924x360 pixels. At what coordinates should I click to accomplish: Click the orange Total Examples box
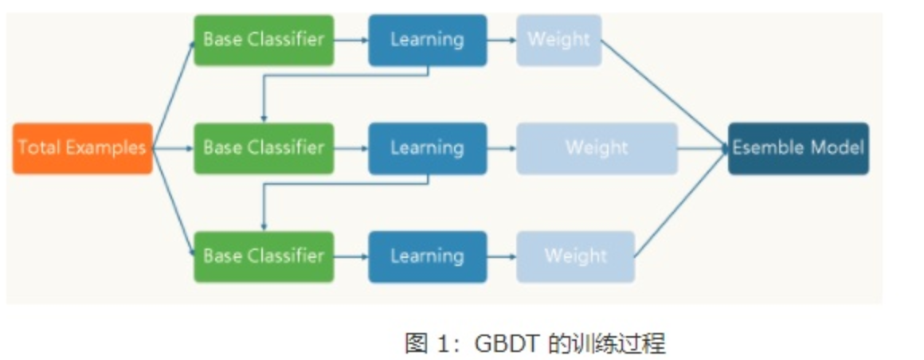click(x=82, y=148)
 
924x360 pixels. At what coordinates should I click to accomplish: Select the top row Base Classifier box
click(x=264, y=40)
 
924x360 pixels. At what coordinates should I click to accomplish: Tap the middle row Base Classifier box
click(x=264, y=148)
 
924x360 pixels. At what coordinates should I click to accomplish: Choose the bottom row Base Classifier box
click(x=264, y=256)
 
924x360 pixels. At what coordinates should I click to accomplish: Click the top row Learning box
click(x=427, y=40)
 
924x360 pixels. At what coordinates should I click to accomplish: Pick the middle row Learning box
click(x=427, y=148)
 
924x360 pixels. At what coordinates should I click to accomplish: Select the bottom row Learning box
click(x=427, y=256)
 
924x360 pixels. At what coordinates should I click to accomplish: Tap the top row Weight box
click(x=558, y=40)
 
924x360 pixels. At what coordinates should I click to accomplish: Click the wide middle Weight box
click(x=597, y=148)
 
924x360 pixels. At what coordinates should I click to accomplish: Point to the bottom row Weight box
click(x=575, y=256)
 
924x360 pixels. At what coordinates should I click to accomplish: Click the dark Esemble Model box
click(x=798, y=148)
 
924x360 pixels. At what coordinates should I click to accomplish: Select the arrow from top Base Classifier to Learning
click(x=350, y=40)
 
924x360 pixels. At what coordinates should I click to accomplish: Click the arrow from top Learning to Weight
click(x=501, y=40)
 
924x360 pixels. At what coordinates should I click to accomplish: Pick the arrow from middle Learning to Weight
click(x=501, y=148)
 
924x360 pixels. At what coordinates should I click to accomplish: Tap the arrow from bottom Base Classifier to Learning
click(x=350, y=256)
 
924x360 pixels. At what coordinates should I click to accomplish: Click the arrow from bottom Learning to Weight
click(x=501, y=256)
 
